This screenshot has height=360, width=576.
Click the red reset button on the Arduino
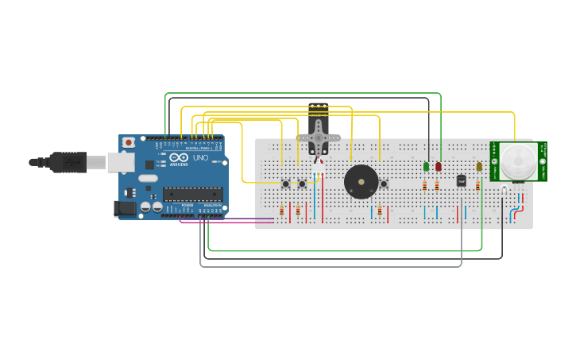(x=128, y=143)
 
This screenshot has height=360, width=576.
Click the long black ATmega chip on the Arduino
(x=192, y=193)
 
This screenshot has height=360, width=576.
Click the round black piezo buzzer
(x=361, y=183)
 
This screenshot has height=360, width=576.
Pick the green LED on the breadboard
(x=427, y=166)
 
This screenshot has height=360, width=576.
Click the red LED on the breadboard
(x=438, y=166)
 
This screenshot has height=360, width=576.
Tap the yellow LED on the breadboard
(x=479, y=167)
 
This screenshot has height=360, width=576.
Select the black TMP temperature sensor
(x=462, y=181)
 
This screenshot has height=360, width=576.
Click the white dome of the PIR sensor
(x=518, y=161)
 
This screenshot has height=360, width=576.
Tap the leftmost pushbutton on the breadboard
(x=285, y=184)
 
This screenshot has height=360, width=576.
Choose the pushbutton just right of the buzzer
(x=384, y=184)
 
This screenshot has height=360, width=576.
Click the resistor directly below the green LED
(x=425, y=186)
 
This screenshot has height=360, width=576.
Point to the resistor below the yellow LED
(x=477, y=185)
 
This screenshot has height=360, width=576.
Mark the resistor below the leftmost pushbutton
(x=281, y=211)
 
